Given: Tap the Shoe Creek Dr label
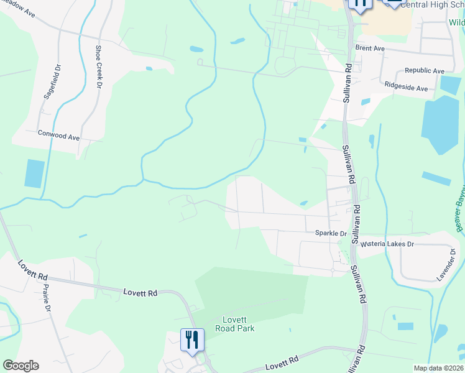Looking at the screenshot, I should [98, 67].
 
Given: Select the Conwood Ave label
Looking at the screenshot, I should [59, 134].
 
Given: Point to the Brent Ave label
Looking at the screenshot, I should [370, 48].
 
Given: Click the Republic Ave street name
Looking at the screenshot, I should [425, 71].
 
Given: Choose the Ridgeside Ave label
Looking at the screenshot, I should [406, 88].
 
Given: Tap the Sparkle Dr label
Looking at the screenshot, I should [331, 233].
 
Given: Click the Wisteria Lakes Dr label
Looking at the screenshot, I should [387, 244].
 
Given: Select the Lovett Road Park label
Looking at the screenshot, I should [235, 324].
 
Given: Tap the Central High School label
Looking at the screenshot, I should [432, 4].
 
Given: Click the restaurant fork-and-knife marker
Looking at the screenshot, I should [192, 339].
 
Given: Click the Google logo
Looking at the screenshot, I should [21, 366].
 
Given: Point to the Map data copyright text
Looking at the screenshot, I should [438, 368].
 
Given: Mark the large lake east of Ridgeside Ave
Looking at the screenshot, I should [442, 124].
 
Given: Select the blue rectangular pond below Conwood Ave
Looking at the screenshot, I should [35, 173].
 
